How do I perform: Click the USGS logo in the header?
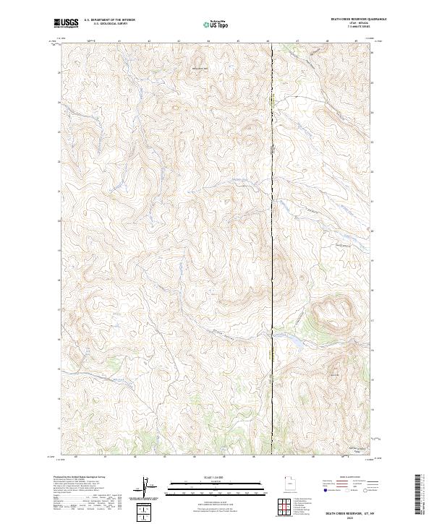(65, 23)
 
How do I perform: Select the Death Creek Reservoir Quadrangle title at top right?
(349, 20)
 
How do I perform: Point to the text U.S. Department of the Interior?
(109, 20)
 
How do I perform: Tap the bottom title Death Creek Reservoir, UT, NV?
(349, 512)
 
